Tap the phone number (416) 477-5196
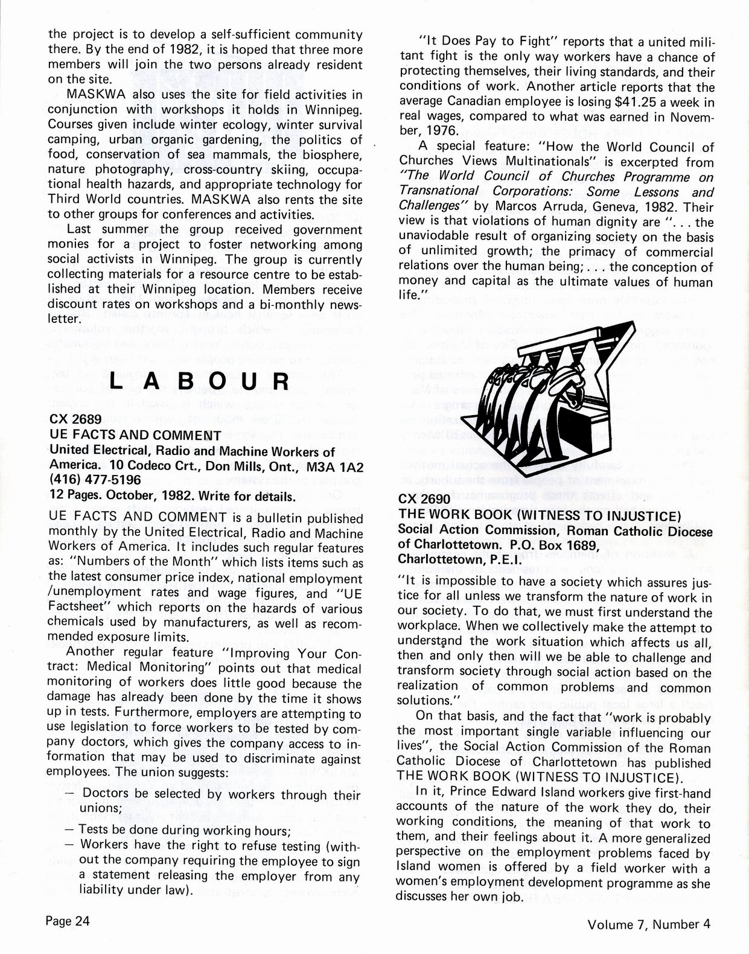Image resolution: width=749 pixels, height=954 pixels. point(95,480)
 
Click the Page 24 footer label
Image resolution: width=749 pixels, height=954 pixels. point(68,921)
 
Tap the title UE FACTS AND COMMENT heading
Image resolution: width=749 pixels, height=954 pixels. point(135,435)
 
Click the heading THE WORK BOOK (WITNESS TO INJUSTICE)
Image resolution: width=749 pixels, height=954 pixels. point(540,516)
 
